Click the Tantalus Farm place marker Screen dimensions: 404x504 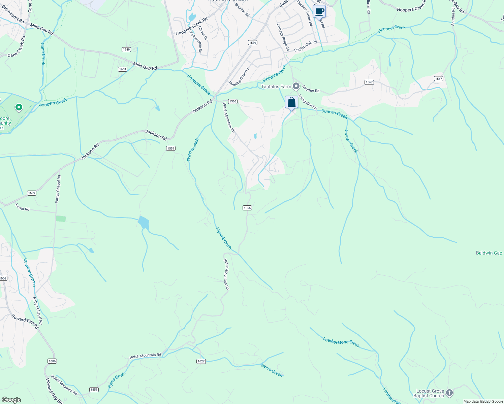(296, 87)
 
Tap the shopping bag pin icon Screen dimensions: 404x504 (291, 102)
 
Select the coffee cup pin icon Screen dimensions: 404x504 (319, 12)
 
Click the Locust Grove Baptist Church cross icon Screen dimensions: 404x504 (449, 393)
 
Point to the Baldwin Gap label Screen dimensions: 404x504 (489, 253)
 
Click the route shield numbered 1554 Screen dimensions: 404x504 (171, 148)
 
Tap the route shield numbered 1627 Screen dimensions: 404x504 (201, 361)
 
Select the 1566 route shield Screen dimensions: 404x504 (232, 101)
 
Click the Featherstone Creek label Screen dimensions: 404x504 (341, 342)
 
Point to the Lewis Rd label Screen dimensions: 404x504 (22, 207)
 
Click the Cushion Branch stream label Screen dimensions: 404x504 (30, 272)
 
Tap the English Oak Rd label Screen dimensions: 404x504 (305, 46)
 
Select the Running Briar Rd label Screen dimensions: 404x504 (239, 77)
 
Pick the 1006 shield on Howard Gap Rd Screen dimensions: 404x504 (52, 361)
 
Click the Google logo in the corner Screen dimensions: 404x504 (11, 400)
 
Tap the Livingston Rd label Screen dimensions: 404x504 (307, 102)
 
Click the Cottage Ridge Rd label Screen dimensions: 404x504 (283, 37)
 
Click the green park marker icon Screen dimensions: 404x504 (19, 107)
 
